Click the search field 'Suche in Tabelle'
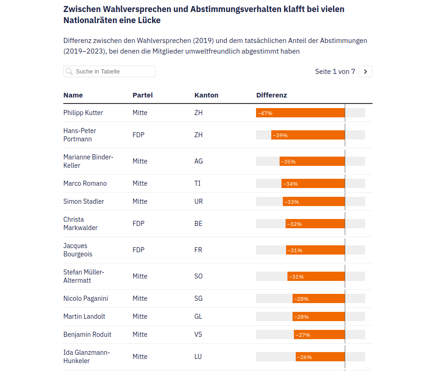tap(110, 72)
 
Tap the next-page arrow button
tap(365, 72)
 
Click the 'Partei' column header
tap(142, 95)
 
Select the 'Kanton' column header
tap(206, 95)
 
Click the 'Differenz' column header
tap(271, 95)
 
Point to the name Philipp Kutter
tap(83, 113)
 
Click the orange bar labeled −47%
tap(300, 113)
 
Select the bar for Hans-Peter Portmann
tap(308, 135)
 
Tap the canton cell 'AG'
tap(199, 161)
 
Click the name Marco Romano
tap(85, 183)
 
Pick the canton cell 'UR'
tap(199, 201)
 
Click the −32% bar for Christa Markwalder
tap(315, 224)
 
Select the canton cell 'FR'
tap(198, 250)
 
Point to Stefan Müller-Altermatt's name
tap(84, 276)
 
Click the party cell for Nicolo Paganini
tap(140, 298)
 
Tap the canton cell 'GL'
tap(198, 316)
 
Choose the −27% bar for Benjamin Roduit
tap(319, 335)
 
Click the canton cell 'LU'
tap(198, 357)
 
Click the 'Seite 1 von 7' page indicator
tap(335, 72)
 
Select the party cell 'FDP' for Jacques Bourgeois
tap(139, 250)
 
